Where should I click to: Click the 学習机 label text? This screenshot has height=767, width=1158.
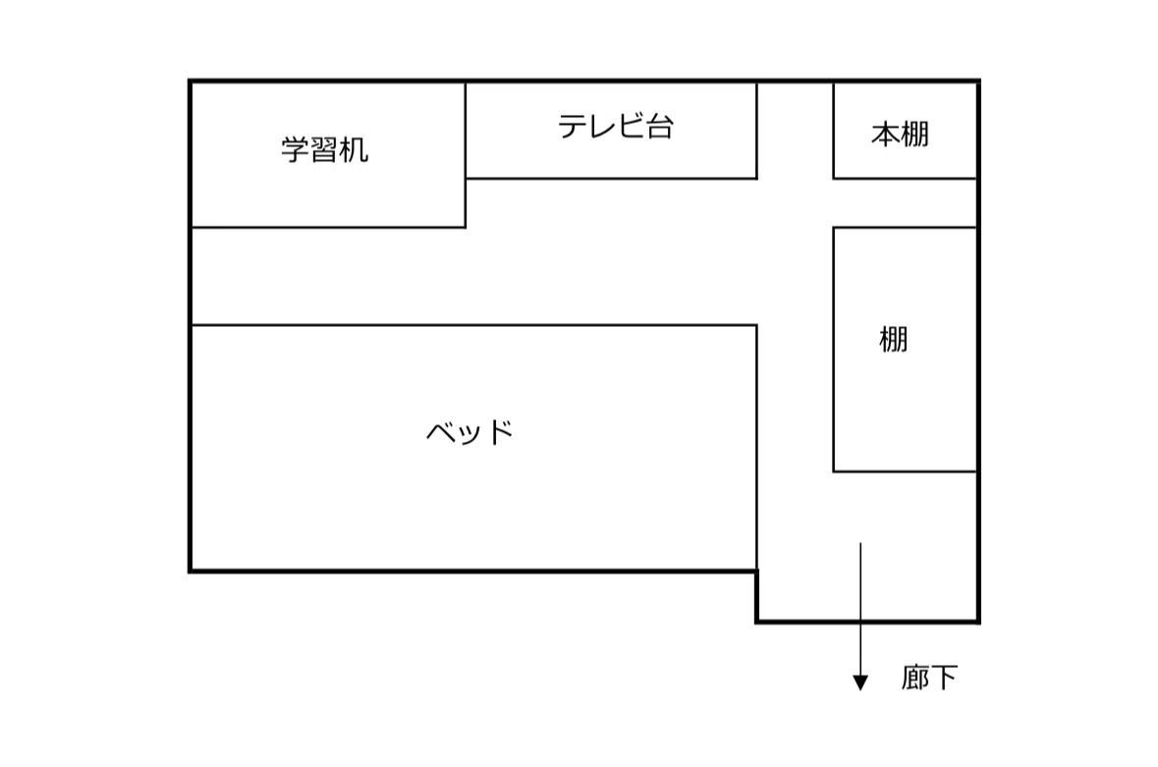coord(324,150)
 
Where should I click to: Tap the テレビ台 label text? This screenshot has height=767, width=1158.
coord(615,127)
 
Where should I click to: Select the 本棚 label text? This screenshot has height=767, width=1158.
coord(900,136)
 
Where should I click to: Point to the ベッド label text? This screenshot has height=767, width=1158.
coord(469,431)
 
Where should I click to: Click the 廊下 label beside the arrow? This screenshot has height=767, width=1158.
coord(929,677)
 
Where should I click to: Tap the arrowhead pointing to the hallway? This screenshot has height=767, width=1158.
coord(860,683)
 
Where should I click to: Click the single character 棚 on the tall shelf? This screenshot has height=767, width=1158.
coord(893,340)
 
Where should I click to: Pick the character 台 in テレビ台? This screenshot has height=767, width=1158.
coord(659,127)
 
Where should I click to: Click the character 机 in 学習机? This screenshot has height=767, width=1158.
coord(354,150)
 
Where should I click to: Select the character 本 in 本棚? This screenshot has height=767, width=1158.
coord(885,136)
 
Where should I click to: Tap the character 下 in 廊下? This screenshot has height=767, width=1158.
coord(944,677)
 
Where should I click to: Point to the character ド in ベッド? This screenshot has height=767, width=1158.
coord(500,431)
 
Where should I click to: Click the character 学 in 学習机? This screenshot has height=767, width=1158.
coord(295,150)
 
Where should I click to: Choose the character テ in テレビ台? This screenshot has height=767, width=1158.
coord(572,127)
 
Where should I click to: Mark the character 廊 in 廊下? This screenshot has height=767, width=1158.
coord(914,677)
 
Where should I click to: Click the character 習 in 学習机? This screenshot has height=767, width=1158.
coord(324,150)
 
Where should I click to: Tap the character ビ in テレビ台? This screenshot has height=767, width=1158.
coord(630,127)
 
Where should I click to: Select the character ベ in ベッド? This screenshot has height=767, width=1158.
coord(440,431)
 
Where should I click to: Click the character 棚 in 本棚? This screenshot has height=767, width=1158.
coord(914,136)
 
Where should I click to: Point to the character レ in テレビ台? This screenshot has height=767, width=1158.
coord(601,127)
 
